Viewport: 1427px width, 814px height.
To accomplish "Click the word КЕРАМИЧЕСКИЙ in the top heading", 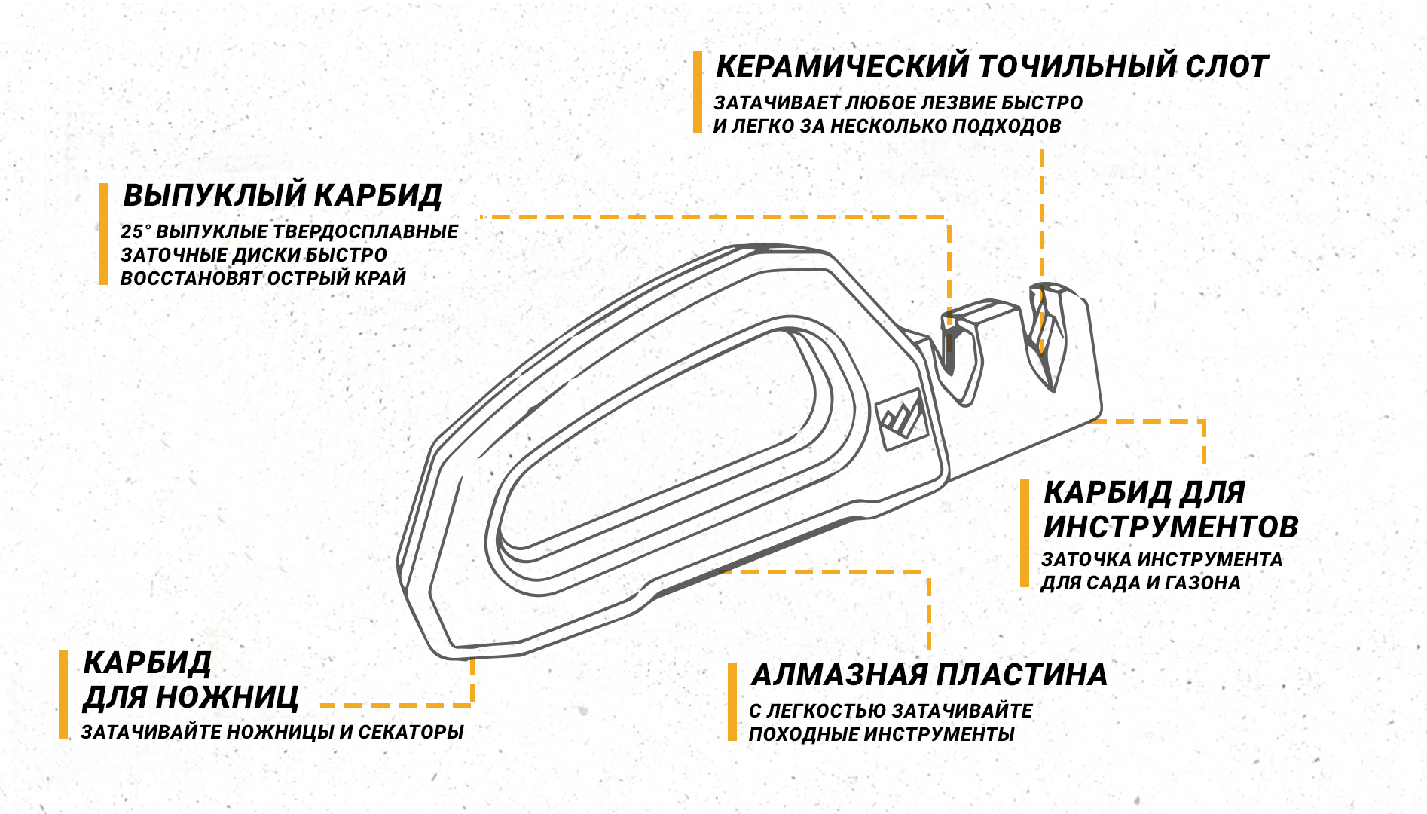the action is pyautogui.click(x=842, y=66).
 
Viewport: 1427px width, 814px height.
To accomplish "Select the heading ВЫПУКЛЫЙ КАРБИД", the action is pyautogui.click(x=283, y=195).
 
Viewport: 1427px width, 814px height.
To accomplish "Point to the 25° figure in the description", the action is pyautogui.click(x=136, y=231).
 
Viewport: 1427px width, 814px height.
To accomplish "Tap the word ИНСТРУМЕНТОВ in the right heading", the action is pyautogui.click(x=1171, y=526).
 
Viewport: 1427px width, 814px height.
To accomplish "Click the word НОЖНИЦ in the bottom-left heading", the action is pyautogui.click(x=227, y=697).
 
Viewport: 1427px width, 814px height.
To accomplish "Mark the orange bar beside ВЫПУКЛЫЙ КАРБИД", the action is pyautogui.click(x=104, y=234).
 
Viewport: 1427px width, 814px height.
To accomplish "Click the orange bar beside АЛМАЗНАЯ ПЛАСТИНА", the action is pyautogui.click(x=732, y=702).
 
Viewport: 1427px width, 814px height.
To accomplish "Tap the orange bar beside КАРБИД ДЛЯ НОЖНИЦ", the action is pyautogui.click(x=63, y=695).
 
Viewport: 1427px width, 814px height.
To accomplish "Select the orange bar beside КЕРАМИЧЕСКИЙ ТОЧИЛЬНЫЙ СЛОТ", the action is pyautogui.click(x=698, y=92).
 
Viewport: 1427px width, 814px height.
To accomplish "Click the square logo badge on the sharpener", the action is pyautogui.click(x=902, y=419).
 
